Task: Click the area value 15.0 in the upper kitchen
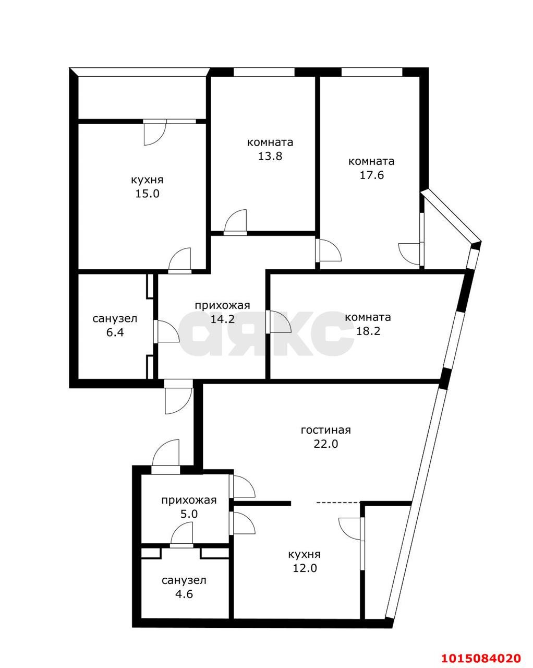(147, 194)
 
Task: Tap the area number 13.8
(270, 156)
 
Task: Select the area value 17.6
(371, 175)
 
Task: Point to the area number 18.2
(368, 331)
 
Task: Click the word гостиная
(325, 430)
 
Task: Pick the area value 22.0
(326, 444)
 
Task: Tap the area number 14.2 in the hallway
(223, 319)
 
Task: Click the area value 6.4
(115, 332)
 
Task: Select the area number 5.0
(189, 514)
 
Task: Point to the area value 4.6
(184, 594)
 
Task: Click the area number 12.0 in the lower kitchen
(305, 568)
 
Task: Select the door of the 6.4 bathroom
(166, 332)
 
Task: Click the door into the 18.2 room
(278, 321)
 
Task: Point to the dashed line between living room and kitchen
(338, 503)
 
